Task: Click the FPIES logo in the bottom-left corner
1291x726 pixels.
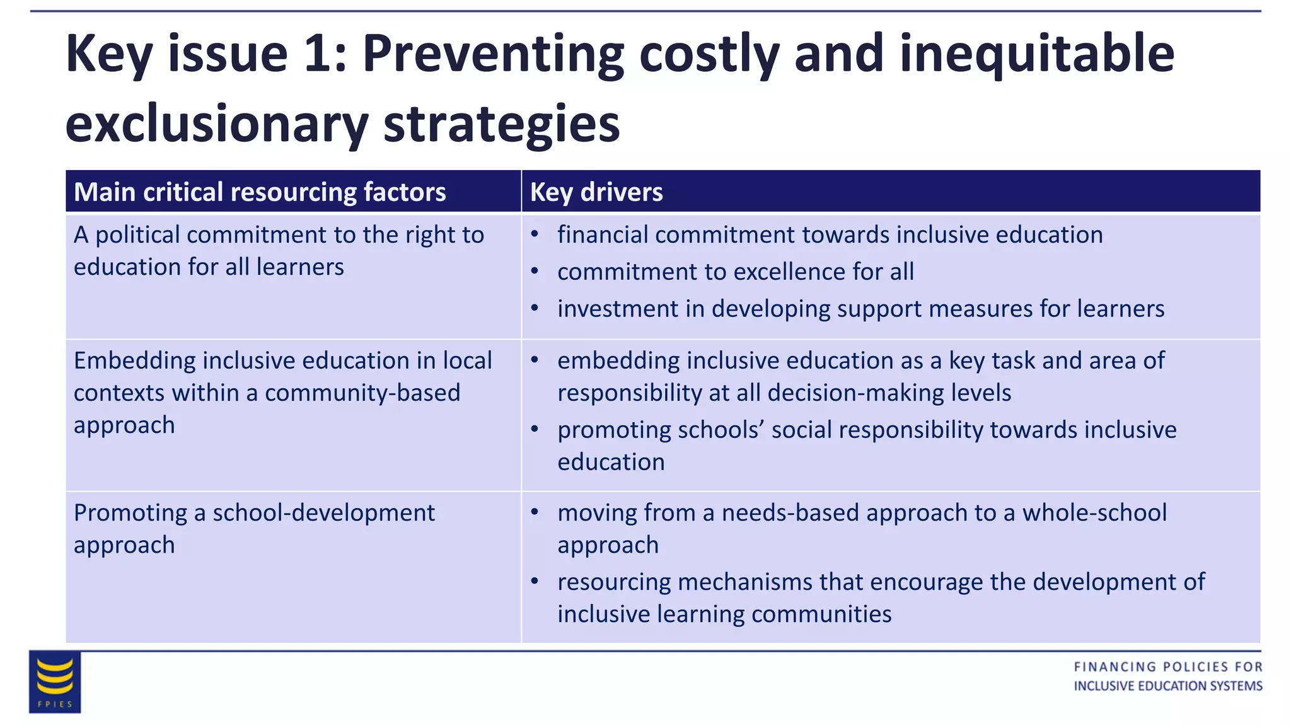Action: pos(55,682)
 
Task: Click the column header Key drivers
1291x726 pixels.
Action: pos(596,192)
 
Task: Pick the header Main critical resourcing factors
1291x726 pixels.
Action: pos(260,192)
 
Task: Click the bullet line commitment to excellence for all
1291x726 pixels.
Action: pos(735,272)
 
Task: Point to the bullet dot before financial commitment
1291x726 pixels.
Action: pos(535,234)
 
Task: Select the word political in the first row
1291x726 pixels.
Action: pos(137,235)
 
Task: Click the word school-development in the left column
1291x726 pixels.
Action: pos(323,513)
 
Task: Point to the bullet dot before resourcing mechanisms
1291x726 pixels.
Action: pos(535,582)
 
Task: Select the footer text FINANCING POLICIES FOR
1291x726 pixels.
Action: pos(1167,667)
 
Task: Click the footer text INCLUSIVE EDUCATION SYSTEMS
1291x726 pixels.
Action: pos(1167,686)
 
